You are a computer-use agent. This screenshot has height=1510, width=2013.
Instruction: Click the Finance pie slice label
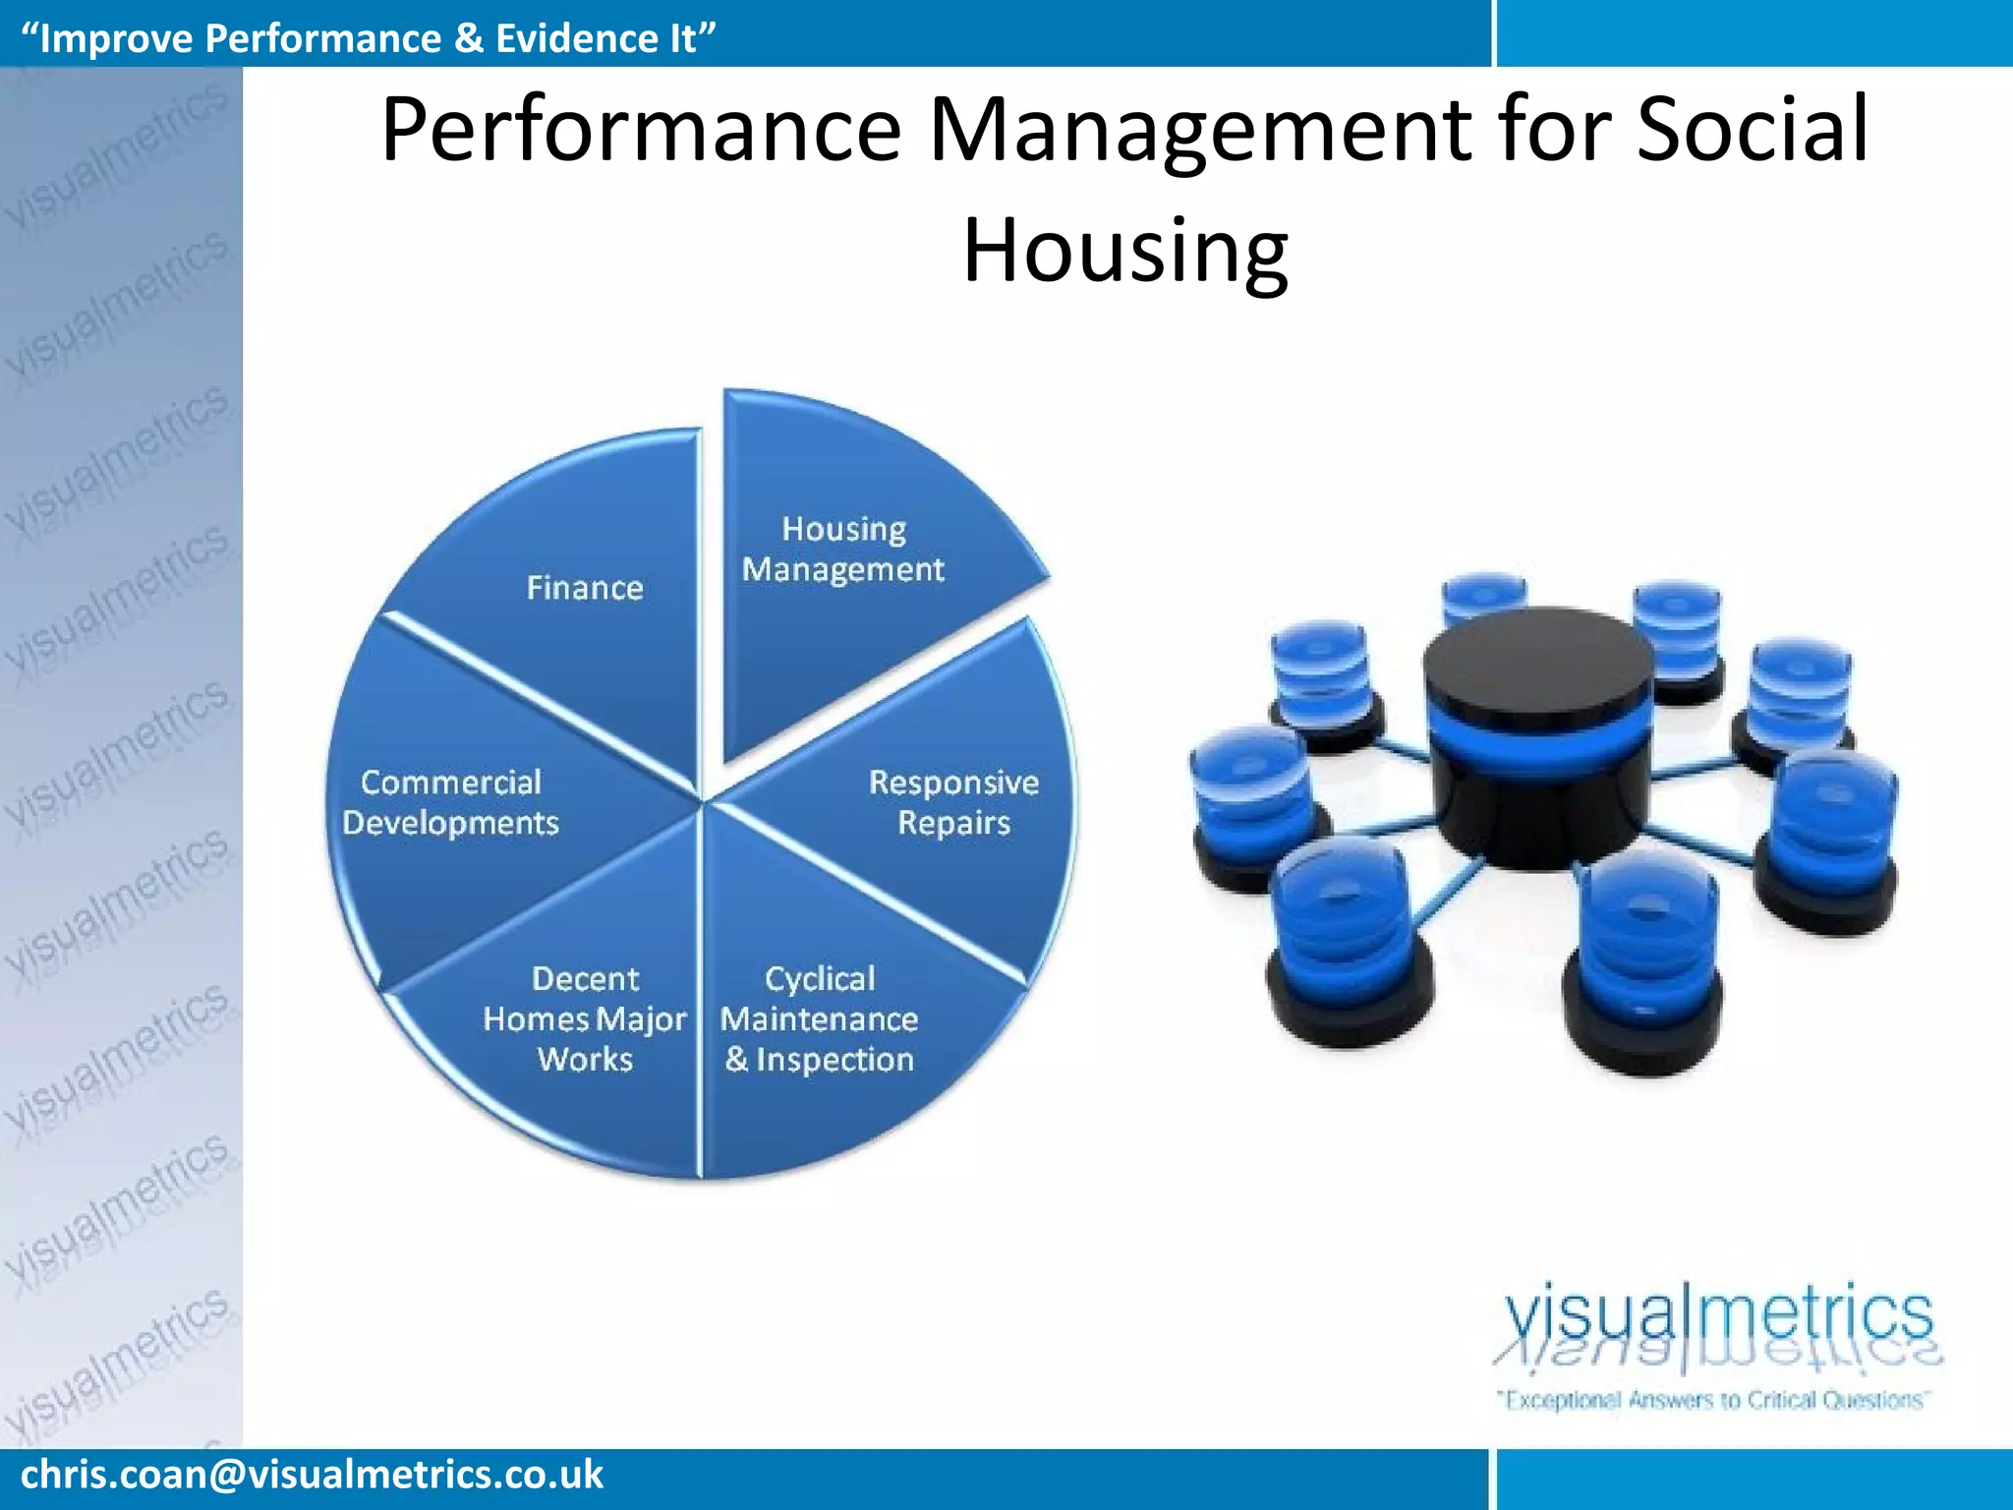click(585, 588)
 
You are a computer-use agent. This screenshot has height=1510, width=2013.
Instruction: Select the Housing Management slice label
click(843, 550)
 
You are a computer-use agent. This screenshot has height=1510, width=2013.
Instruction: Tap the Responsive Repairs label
click(953, 802)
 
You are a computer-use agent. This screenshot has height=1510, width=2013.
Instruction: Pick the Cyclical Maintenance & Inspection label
click(820, 1018)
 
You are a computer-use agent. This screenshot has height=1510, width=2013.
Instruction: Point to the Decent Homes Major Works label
click(585, 1018)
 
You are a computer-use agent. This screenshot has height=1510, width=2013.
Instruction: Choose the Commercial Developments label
click(451, 802)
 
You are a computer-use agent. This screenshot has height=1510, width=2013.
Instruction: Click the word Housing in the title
click(1124, 250)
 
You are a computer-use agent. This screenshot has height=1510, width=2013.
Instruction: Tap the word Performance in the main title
click(641, 130)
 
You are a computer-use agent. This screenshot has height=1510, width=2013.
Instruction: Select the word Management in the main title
click(1199, 130)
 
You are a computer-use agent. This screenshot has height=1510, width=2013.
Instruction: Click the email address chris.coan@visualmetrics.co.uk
click(312, 1475)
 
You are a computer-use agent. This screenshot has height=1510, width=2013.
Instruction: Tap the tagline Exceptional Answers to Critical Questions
click(1714, 1399)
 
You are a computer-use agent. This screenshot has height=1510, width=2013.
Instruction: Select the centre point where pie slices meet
click(701, 801)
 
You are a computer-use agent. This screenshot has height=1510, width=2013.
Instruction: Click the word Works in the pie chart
click(585, 1060)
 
